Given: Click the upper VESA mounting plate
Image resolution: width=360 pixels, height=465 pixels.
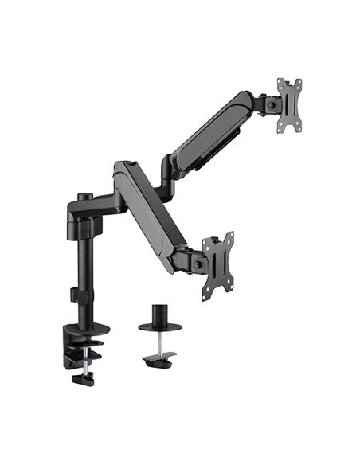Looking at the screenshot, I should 289,105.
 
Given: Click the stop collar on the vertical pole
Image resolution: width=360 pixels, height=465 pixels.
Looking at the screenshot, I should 80,295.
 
